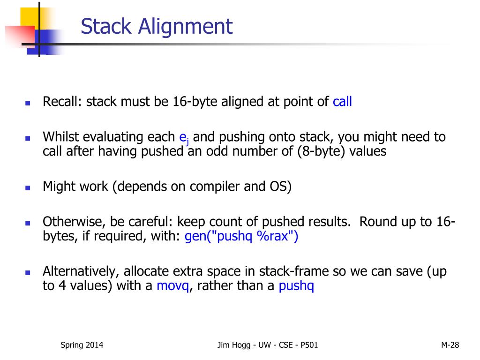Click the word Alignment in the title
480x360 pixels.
pos(185,27)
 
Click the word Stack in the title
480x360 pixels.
pos(106,26)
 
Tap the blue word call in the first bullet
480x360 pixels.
pos(342,102)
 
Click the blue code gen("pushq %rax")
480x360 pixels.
pos(241,236)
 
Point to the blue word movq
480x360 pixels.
pos(172,286)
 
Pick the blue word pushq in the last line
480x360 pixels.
pos(296,286)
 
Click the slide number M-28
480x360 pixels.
pos(450,345)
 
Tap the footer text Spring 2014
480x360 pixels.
pos(82,345)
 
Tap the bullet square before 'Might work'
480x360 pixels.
pos(27,187)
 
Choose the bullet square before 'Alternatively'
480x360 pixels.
pos(27,272)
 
